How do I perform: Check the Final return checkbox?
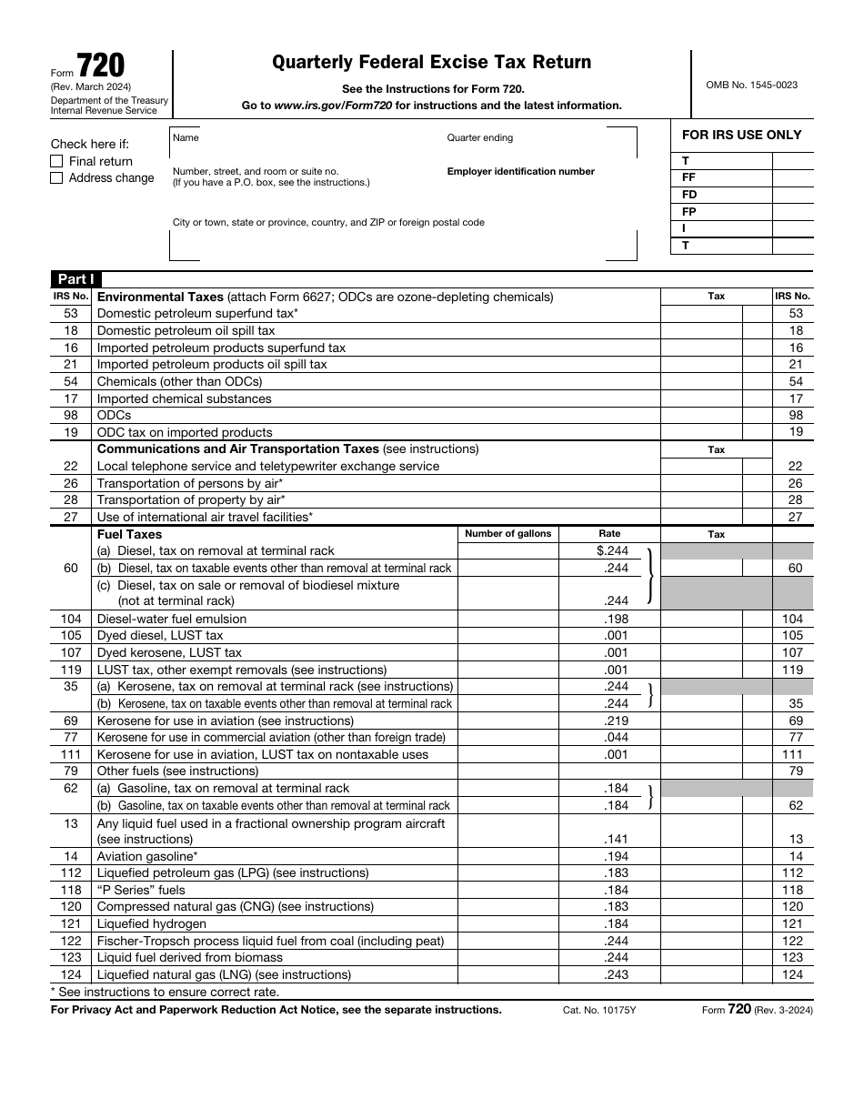pos(56,161)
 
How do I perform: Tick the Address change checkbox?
pos(56,178)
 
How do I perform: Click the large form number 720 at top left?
pos(101,66)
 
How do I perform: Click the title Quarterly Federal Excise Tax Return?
pos(432,63)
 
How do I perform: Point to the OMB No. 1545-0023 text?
pos(751,85)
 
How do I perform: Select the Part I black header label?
pos(75,279)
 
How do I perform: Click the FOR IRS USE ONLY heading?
pos(741,135)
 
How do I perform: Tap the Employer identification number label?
pos(520,171)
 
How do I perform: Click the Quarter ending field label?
pos(479,137)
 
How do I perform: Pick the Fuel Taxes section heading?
pos(129,534)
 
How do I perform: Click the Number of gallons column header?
pos(507,534)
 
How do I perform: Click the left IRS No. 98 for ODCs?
pos(71,415)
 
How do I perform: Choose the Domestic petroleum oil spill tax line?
pos(186,330)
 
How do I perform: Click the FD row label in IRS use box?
pos(689,195)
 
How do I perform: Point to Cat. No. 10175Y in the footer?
pos(599,1010)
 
